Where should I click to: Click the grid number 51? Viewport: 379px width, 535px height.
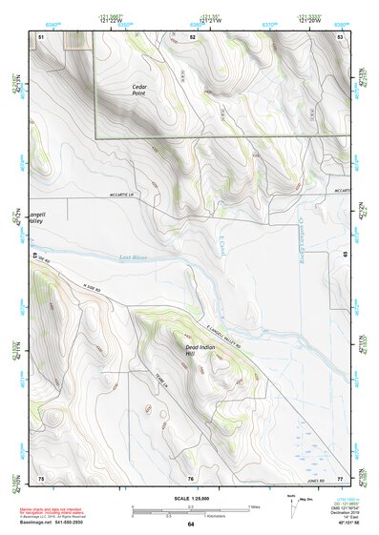pos(41,35)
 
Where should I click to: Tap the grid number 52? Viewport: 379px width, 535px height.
pos(192,35)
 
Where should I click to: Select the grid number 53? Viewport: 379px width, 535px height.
pos(339,35)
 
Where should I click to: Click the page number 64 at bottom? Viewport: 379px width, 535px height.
pos(190,525)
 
